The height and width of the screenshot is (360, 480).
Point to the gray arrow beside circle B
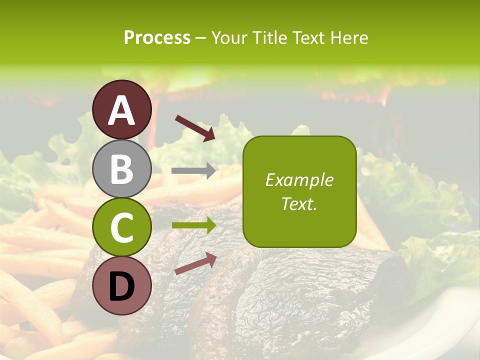[193, 171]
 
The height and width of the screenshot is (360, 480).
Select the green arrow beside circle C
[193, 225]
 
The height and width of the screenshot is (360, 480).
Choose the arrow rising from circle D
[195, 263]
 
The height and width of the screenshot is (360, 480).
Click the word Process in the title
[157, 38]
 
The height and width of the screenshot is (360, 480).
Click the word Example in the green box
[299, 180]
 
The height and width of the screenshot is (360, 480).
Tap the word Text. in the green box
[299, 203]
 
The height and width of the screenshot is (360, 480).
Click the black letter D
[122, 286]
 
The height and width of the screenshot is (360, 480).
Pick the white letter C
[122, 228]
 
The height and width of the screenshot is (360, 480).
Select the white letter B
[122, 169]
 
